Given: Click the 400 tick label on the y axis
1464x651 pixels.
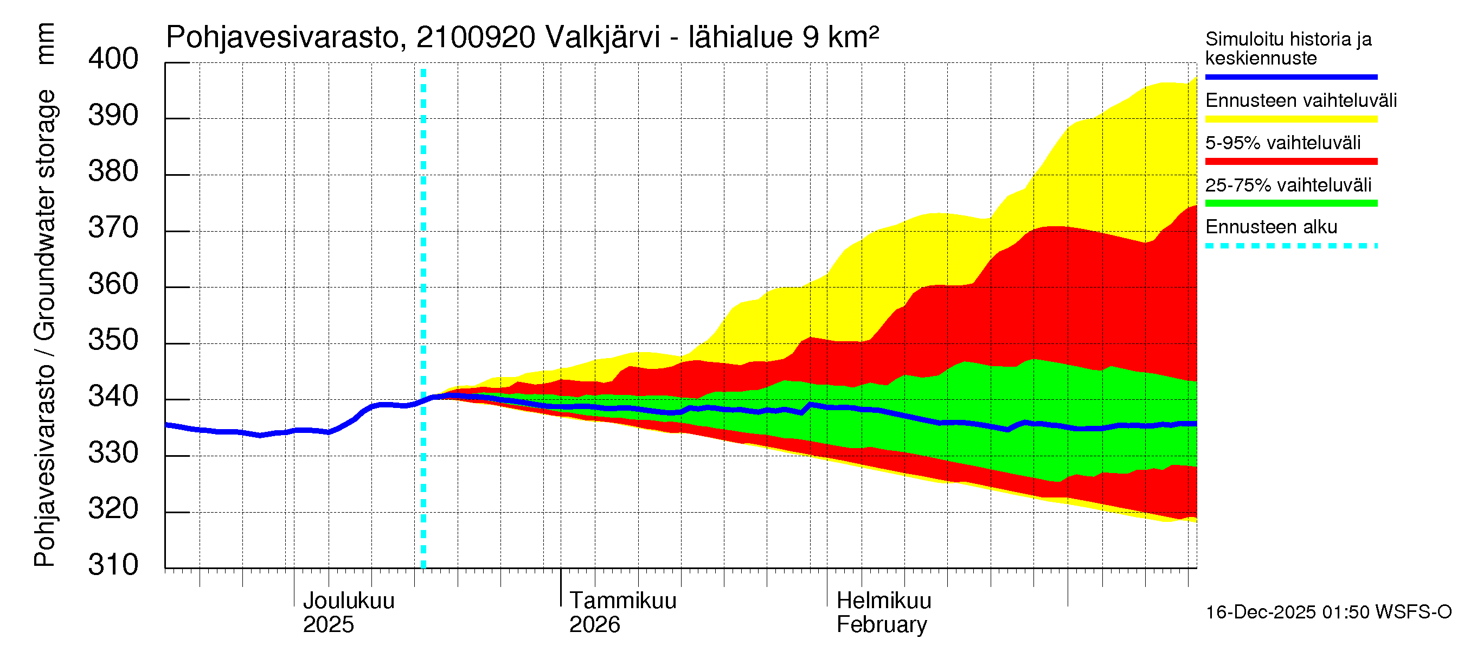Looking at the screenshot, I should [x=113, y=59].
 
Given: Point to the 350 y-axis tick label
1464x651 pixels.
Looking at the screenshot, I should [x=113, y=341].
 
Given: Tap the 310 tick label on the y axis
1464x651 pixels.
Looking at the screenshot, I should [x=113, y=565].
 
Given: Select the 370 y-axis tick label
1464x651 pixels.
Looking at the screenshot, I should [x=113, y=228].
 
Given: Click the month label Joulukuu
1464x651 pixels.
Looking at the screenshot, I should [x=349, y=601].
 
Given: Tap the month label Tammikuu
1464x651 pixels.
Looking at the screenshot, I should [x=623, y=601].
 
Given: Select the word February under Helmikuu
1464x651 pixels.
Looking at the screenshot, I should [x=882, y=625].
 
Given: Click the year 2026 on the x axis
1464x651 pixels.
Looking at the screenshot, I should [x=594, y=625].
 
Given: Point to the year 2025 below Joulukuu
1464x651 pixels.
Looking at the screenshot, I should [x=328, y=625].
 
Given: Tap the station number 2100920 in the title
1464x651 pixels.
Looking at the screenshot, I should [x=476, y=37].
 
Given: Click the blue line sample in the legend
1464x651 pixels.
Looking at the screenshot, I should [x=1290, y=76].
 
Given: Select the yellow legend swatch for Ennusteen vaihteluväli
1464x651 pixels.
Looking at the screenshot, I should [x=1290, y=119].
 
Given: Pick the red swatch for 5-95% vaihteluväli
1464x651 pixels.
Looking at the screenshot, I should [x=1290, y=162].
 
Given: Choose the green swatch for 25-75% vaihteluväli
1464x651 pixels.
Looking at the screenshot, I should [x=1290, y=203].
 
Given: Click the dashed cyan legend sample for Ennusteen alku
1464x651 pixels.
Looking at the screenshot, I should [x=1290, y=246].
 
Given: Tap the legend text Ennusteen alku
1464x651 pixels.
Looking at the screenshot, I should [x=1271, y=227].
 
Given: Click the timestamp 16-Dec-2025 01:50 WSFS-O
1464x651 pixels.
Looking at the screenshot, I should [x=1328, y=612].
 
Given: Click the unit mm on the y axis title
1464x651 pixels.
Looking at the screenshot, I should [x=46, y=43].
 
